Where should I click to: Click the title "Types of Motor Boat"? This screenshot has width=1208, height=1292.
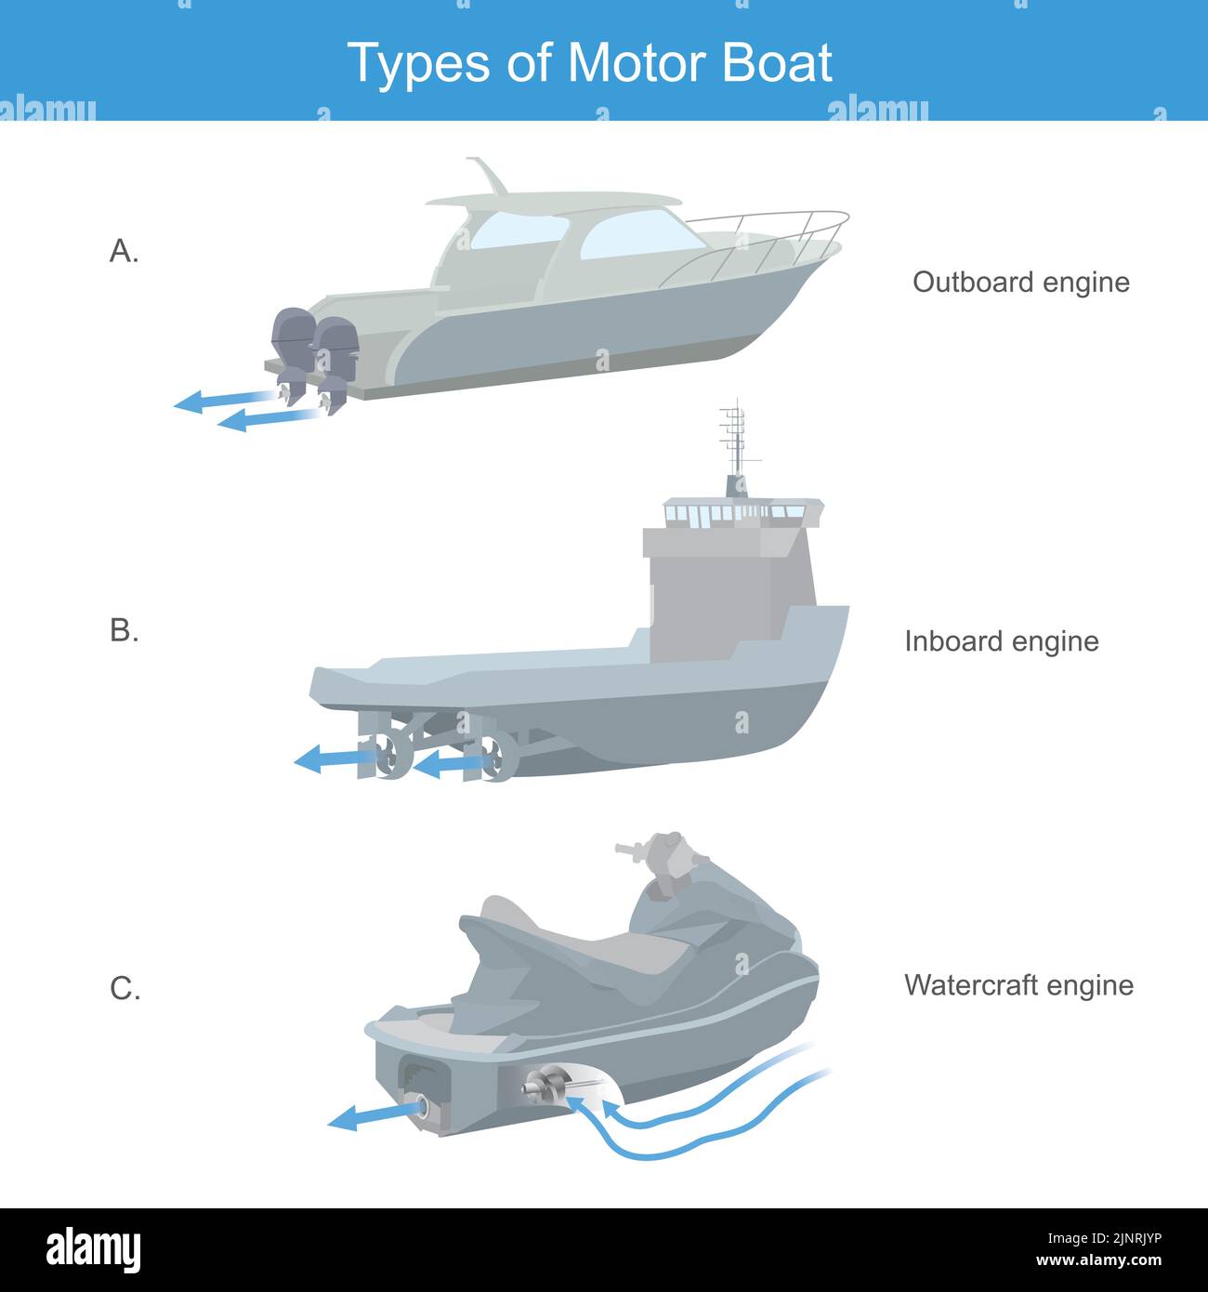[x=589, y=63]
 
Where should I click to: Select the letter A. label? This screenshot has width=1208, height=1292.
[x=124, y=251]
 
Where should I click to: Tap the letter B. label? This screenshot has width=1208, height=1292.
[x=124, y=630]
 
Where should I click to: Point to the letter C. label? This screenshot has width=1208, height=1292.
[x=125, y=988]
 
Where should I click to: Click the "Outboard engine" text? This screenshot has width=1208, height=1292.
[x=1020, y=282]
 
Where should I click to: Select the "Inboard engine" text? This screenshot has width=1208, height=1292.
[x=1001, y=641]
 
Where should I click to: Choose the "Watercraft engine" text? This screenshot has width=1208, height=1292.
[x=1018, y=985]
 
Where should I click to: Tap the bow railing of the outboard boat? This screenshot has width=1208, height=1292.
[x=762, y=237]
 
